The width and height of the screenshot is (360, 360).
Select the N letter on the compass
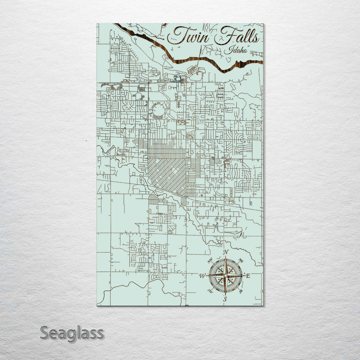pos(226,251)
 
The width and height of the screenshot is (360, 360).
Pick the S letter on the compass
pos(225,299)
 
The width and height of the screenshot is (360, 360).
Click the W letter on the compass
pos(202,275)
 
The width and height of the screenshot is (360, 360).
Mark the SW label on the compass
pos(210,291)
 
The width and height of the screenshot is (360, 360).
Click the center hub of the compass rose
pos(225,275)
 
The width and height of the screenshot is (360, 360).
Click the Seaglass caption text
pos(72,332)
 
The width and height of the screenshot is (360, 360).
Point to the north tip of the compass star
pos(225,257)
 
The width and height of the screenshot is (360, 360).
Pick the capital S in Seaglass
pos(44,332)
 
